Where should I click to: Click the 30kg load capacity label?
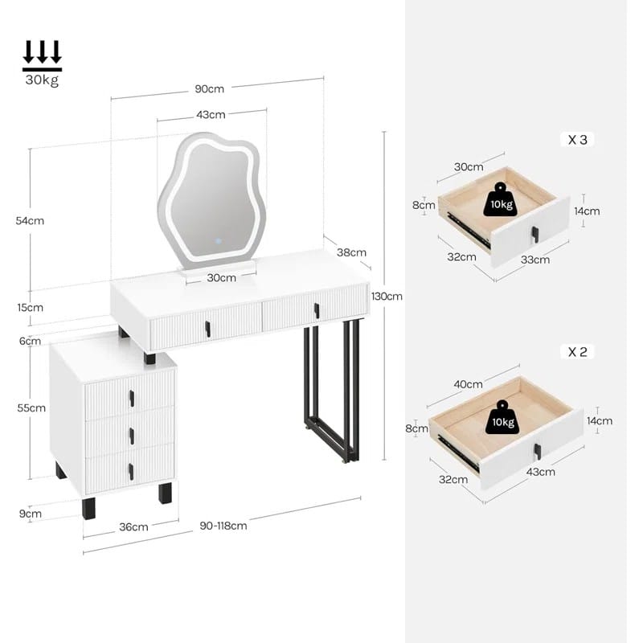(x=42, y=79)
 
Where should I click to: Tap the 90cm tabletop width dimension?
(x=209, y=89)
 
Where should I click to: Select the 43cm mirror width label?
(x=211, y=115)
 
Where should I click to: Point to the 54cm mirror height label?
(x=30, y=220)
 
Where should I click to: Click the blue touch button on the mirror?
(x=219, y=241)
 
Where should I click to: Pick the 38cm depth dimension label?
(x=351, y=252)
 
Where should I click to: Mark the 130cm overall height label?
(x=387, y=296)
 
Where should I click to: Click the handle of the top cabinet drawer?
(x=132, y=398)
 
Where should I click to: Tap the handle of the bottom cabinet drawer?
(x=131, y=472)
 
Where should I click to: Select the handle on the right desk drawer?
(x=317, y=310)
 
